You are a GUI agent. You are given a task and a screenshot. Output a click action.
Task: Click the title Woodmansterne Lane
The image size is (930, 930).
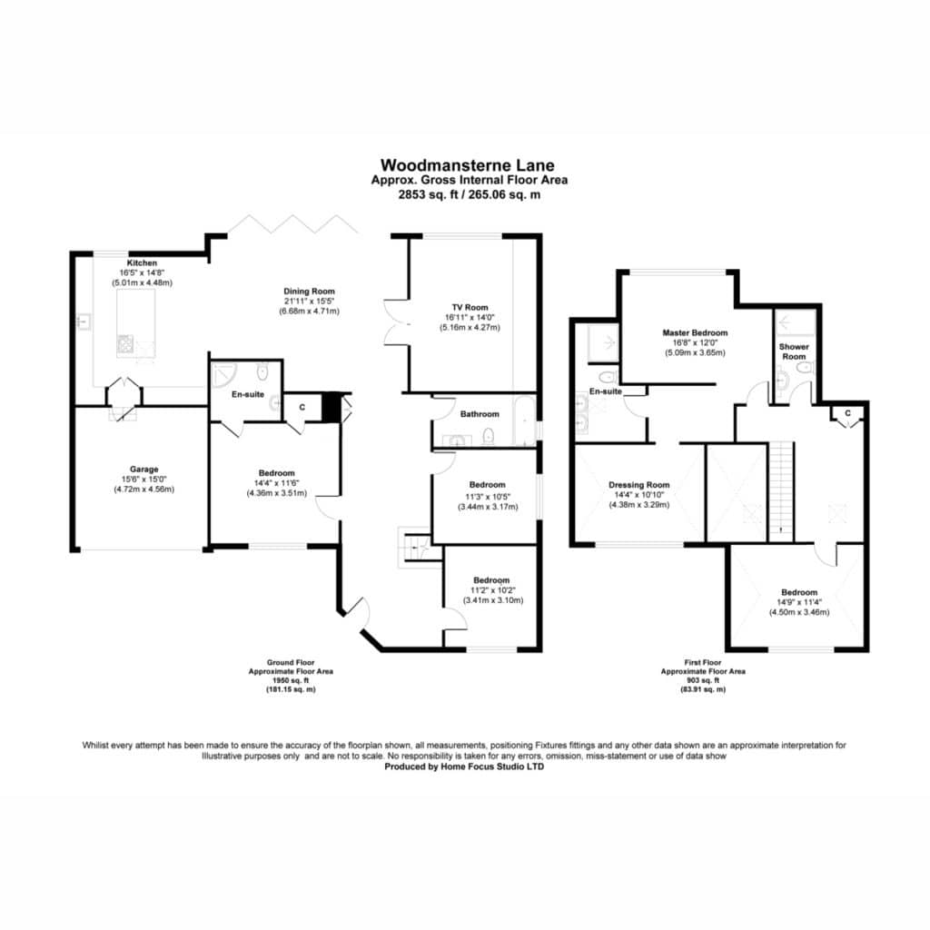pos(468,165)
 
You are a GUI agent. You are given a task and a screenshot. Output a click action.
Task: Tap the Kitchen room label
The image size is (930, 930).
pos(142,262)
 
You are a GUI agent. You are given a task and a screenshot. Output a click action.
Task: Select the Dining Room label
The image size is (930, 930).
pos(309,292)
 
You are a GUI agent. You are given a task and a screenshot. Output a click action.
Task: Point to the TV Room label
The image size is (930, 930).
pos(470,307)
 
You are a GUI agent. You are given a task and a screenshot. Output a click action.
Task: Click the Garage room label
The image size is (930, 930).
pos(144,470)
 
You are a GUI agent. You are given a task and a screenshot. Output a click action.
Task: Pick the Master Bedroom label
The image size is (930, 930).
pos(695,332)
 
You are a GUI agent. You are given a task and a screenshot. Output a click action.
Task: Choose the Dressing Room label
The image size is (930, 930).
pos(638,485)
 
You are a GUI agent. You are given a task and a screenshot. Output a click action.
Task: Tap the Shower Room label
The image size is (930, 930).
pos(794,351)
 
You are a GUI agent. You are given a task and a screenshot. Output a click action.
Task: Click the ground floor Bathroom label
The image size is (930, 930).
pos(480,414)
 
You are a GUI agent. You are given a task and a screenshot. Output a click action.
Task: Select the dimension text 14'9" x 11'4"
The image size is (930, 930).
pos(799,602)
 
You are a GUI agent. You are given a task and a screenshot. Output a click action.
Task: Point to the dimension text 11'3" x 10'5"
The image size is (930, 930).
pos(488,497)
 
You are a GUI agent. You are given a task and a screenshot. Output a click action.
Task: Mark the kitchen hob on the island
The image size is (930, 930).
pos(125,344)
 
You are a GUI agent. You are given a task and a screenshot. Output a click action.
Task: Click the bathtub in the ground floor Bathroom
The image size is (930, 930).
pos(524,421)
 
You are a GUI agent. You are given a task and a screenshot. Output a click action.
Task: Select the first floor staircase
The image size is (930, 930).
pos(780,491)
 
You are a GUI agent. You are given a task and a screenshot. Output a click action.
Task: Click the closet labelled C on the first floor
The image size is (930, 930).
pos(847,416)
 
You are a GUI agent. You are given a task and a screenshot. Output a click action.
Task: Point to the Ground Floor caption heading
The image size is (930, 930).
pos(291,662)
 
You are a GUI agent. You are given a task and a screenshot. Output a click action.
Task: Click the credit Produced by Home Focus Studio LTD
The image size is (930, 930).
pos(464,767)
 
